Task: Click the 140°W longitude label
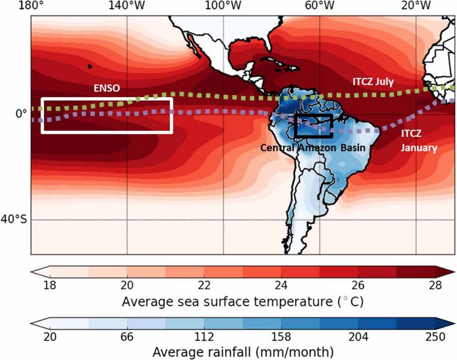(x=127, y=6)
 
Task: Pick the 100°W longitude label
(x=223, y=6)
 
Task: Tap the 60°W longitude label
(x=320, y=6)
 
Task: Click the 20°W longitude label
(x=416, y=6)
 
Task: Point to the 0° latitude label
(x=20, y=113)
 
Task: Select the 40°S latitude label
(x=16, y=220)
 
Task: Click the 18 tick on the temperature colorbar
(x=41, y=284)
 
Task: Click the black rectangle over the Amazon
(x=313, y=125)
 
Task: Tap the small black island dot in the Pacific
(x=90, y=66)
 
